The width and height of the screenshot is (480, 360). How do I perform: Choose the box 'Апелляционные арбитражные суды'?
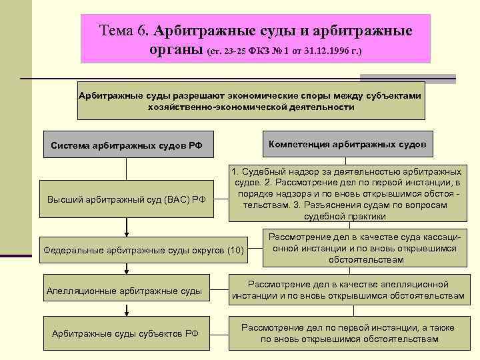tap(125, 291)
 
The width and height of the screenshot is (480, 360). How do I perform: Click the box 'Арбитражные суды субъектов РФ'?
tap(125, 333)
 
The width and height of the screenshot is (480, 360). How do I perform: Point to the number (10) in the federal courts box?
tap(235, 250)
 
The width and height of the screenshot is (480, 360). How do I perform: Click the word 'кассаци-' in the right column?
tap(437, 237)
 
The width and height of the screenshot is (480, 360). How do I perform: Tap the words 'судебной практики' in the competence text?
tap(345, 216)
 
